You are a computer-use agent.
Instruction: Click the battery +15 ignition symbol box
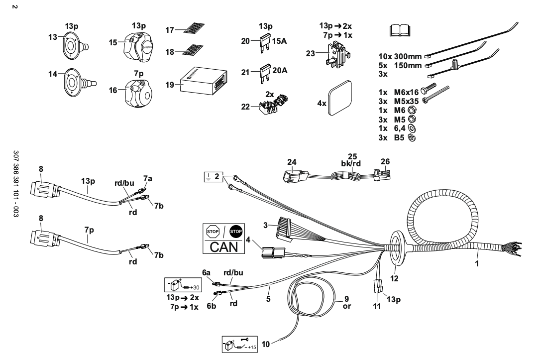[x=239, y=343]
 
